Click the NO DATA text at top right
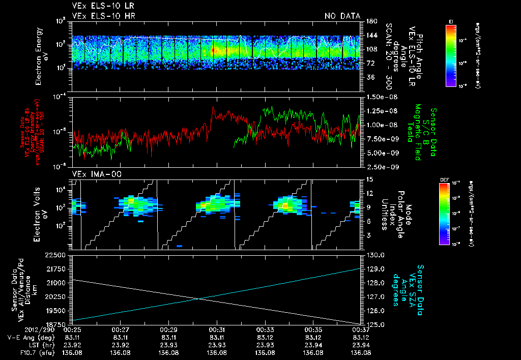342,16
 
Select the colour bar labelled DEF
444,214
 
